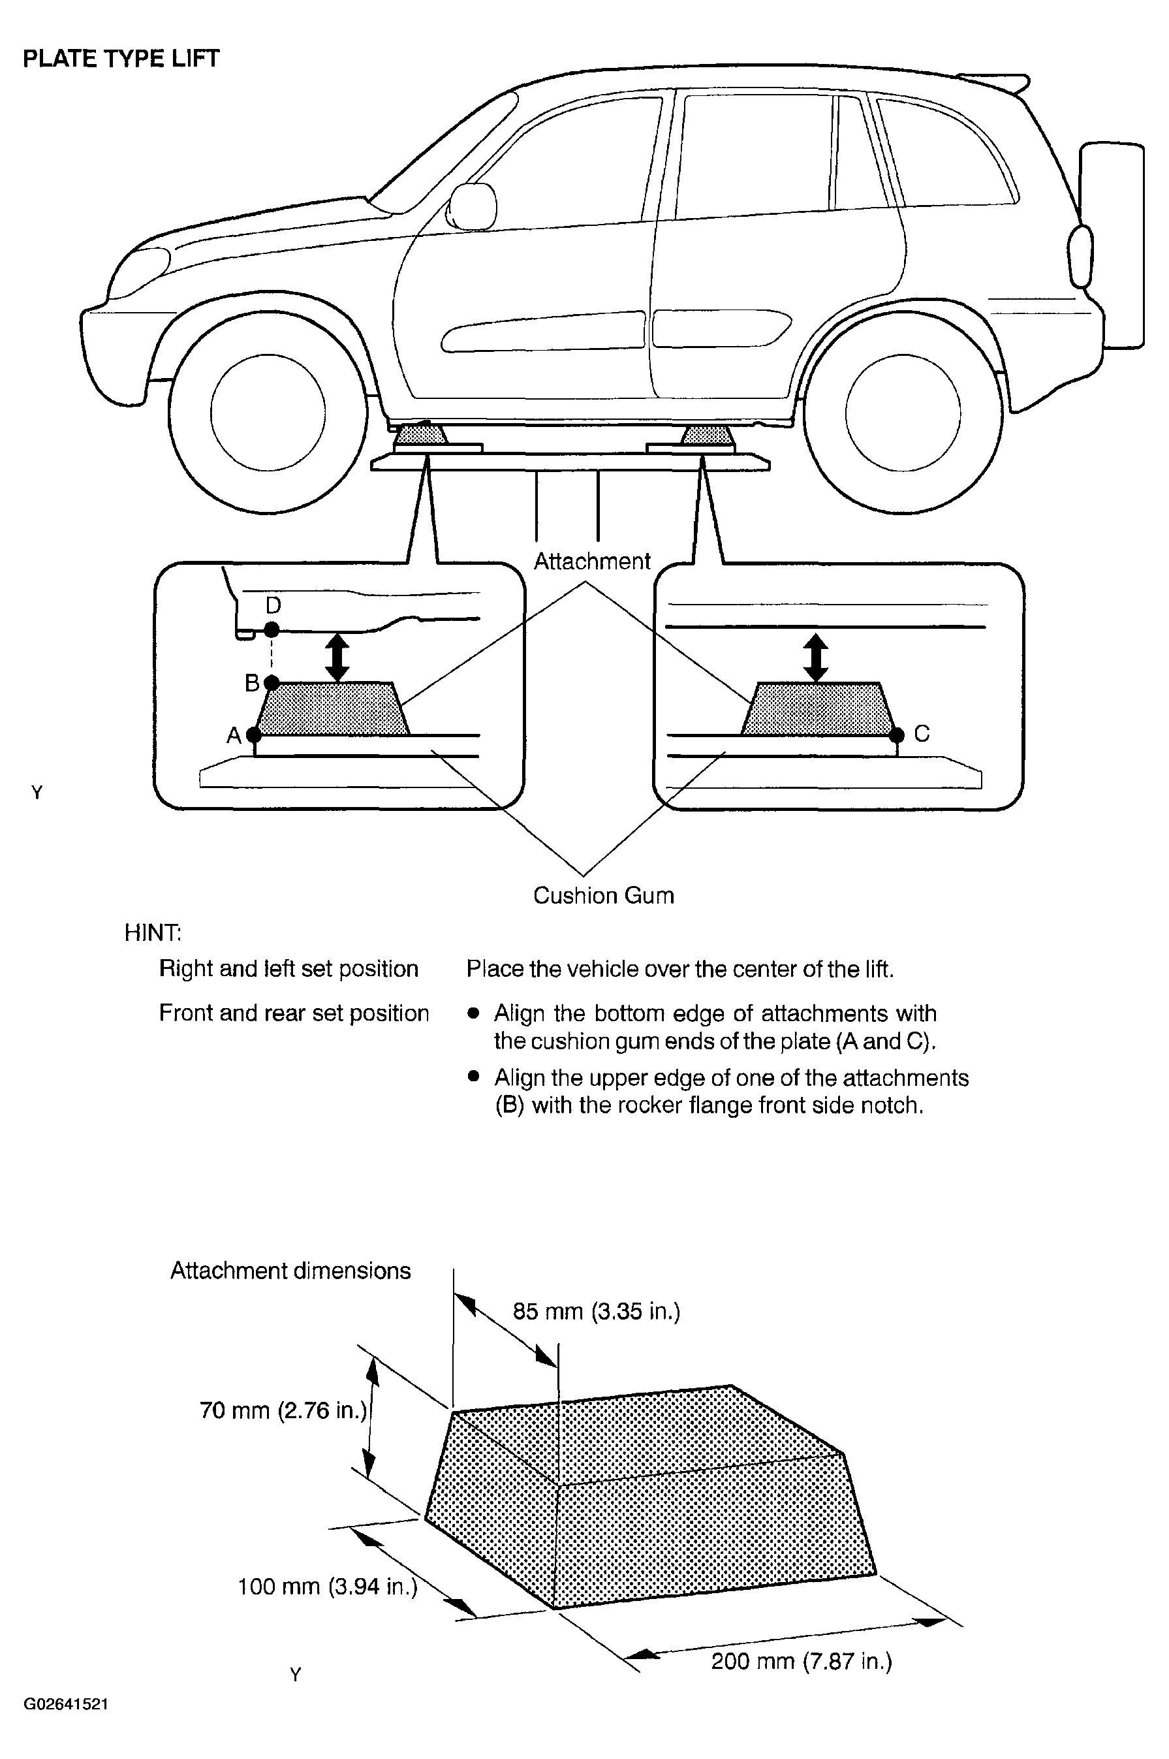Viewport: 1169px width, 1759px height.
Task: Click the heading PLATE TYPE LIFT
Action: coord(121,59)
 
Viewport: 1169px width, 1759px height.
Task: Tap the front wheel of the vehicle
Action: coord(268,413)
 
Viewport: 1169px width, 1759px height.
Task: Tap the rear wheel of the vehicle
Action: coord(903,413)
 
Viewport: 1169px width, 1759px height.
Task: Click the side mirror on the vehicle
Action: coord(471,206)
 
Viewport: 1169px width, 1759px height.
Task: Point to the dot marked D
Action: coord(272,629)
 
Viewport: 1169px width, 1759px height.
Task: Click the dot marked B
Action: coord(272,682)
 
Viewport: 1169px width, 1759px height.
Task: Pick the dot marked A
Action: coord(254,735)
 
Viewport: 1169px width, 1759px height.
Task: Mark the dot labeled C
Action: coord(897,735)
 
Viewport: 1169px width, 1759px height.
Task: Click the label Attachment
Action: coord(592,561)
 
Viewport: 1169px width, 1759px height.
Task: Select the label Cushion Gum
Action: coord(603,895)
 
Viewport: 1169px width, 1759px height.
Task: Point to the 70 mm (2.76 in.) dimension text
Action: coord(283,1410)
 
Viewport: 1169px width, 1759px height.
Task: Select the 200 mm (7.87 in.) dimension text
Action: coord(802,1660)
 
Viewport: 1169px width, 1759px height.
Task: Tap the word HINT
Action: coord(153,932)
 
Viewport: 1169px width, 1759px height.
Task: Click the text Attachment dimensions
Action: coord(290,1270)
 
